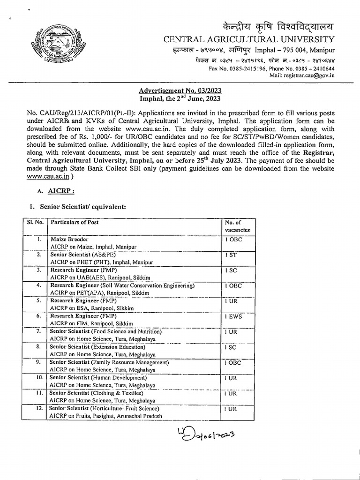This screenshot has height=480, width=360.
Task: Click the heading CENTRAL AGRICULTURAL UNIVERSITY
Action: [248, 39]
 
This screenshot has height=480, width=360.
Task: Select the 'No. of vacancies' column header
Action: [237, 226]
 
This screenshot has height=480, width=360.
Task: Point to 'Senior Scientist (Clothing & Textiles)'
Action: [97, 393]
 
